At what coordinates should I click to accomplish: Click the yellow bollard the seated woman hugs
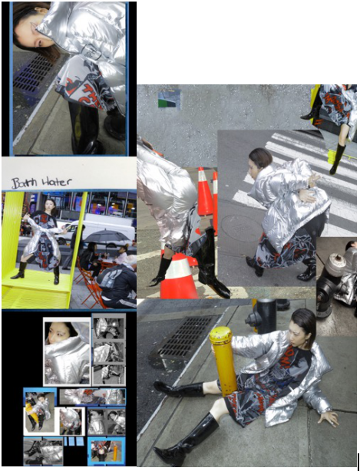[224, 360]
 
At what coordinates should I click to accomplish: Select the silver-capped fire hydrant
[331, 282]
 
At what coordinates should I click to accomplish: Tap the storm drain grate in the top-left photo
[31, 73]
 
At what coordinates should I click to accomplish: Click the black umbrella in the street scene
[107, 235]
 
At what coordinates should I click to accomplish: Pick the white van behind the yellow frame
[99, 229]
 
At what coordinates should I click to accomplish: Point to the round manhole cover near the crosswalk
[240, 229]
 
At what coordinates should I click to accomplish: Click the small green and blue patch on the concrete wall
[169, 100]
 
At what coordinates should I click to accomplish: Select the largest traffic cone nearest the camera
[180, 275]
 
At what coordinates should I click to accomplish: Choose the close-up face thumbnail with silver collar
[67, 351]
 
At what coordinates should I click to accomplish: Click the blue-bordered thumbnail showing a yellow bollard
[107, 451]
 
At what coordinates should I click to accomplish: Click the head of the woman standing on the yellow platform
[50, 205]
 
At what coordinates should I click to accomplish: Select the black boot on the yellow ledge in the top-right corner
[338, 160]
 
